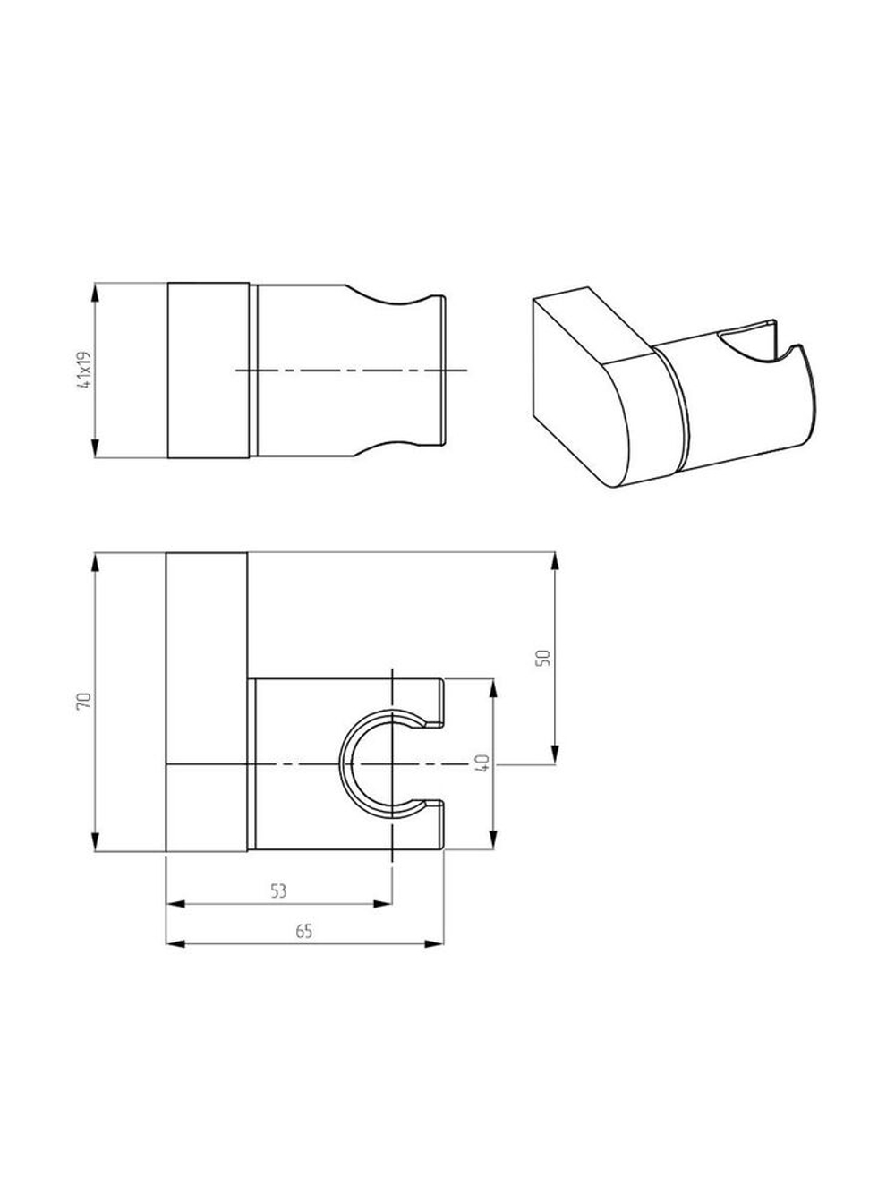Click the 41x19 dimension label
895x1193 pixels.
pyautogui.click(x=84, y=371)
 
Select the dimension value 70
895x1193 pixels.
pyautogui.click(x=84, y=701)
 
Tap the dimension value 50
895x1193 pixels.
pyautogui.click(x=543, y=658)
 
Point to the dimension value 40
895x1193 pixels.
pyautogui.click(x=483, y=763)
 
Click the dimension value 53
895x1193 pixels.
pyautogui.click(x=278, y=891)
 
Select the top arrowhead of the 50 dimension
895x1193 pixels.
pyautogui.click(x=555, y=563)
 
